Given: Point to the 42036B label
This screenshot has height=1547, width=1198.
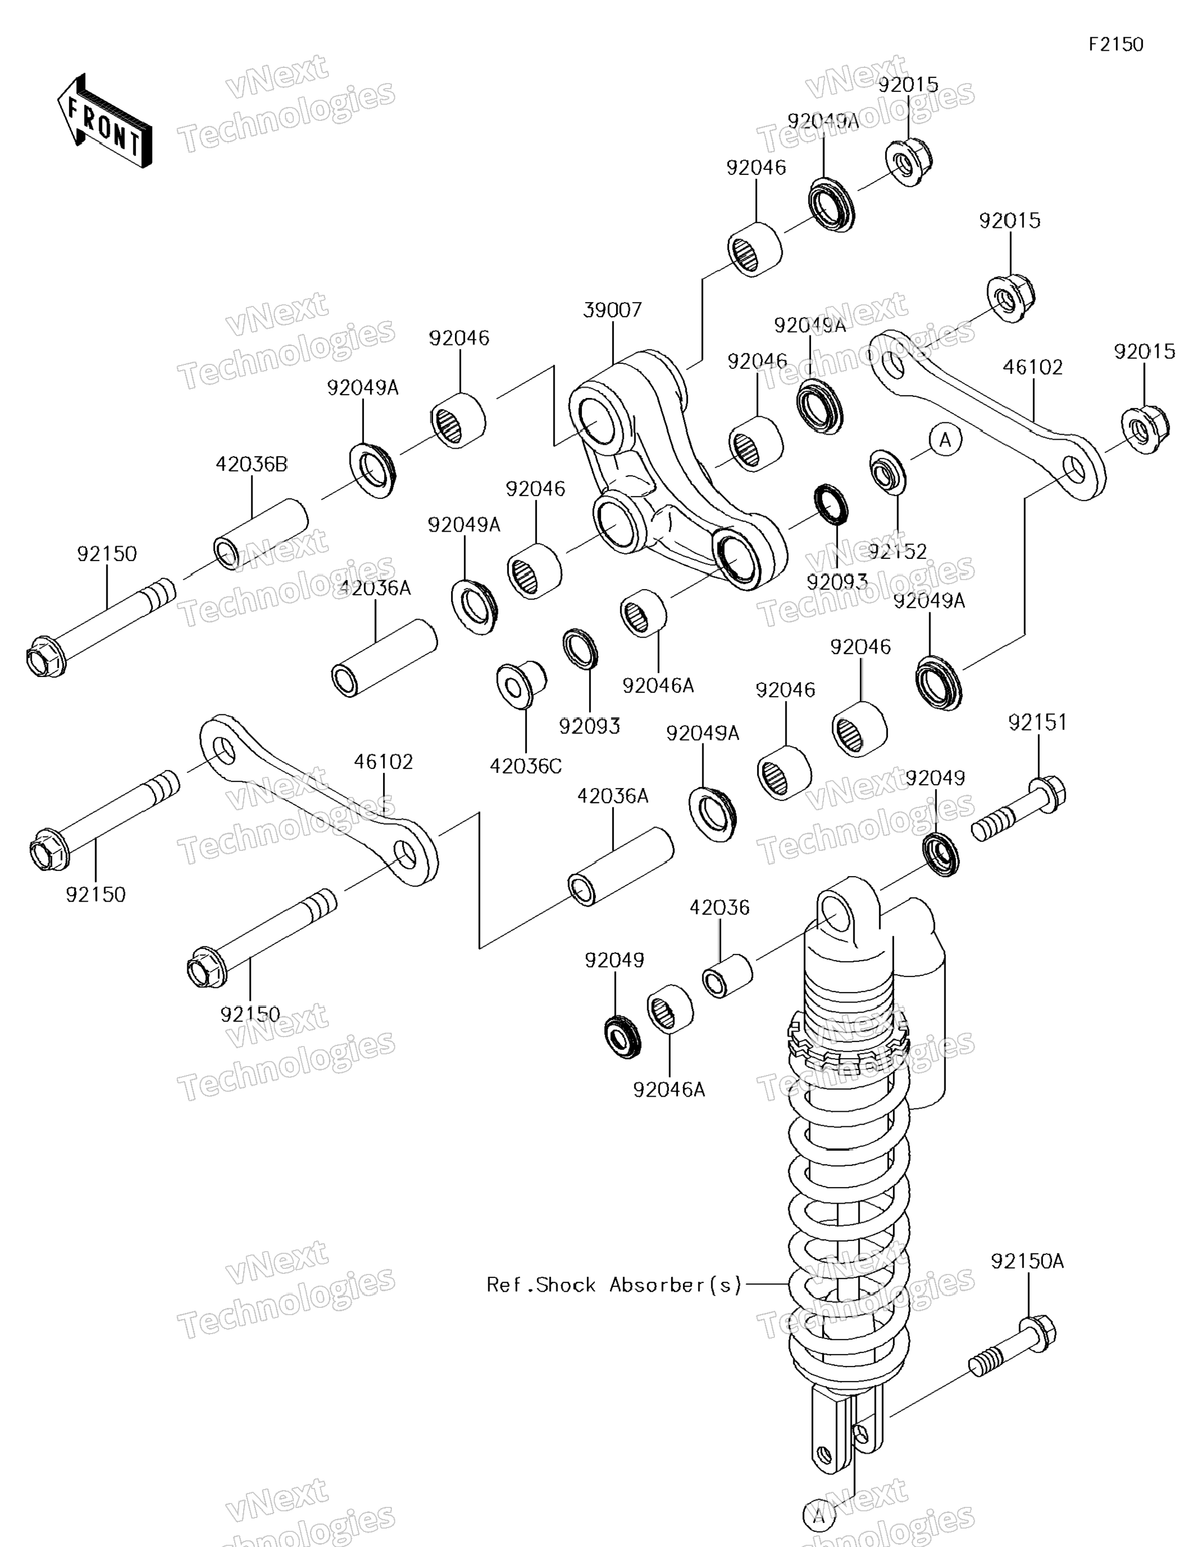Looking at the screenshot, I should (251, 465).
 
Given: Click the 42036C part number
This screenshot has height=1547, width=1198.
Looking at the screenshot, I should (525, 766).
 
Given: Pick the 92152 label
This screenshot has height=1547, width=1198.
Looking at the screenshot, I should (897, 551).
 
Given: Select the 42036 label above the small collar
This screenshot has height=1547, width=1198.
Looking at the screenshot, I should (719, 907).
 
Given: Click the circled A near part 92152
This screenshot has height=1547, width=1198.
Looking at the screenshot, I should (945, 440).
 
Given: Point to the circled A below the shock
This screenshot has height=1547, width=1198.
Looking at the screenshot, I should (818, 1516).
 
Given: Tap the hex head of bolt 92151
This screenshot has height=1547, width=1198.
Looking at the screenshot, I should (1049, 795).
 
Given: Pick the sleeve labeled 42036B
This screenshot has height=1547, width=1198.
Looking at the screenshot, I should (261, 533).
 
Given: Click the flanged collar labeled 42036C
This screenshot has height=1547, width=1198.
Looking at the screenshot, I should (521, 684).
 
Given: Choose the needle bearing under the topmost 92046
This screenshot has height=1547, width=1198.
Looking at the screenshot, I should (754, 249).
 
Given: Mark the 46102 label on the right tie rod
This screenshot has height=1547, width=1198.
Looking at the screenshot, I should (1032, 368).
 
